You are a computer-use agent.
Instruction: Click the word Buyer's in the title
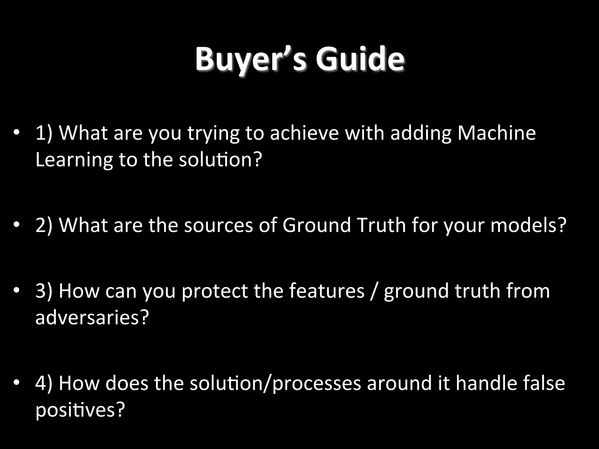[251, 60]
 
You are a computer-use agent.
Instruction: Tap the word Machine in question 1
[496, 133]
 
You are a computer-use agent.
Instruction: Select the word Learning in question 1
[74, 160]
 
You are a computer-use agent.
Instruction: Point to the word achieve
[304, 133]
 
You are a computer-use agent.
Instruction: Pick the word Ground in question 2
[316, 225]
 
